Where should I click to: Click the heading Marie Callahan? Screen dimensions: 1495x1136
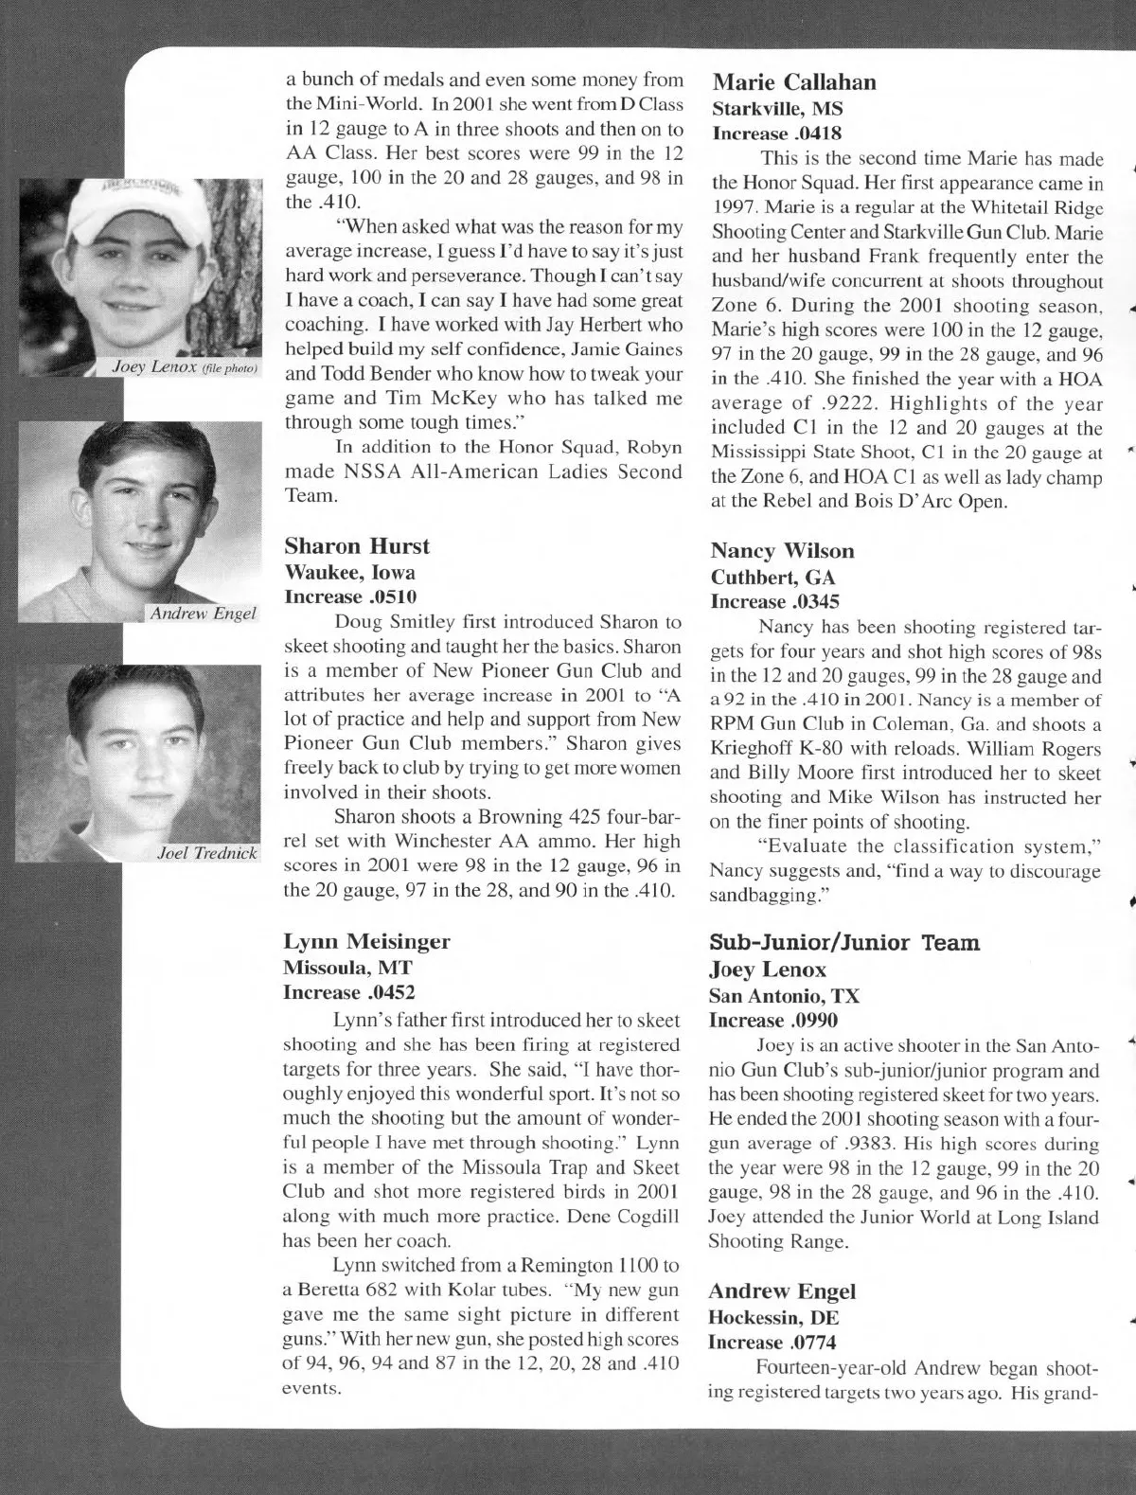coord(793,82)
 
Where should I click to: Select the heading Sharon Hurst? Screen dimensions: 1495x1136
coord(356,546)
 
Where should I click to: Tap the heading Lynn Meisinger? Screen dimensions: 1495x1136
coord(366,941)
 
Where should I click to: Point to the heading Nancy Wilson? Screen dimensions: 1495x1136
coord(782,551)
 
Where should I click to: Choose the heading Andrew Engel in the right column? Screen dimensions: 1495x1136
coord(781,1291)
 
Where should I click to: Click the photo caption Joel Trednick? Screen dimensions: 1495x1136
coord(206,853)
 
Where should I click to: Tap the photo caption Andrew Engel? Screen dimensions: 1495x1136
coord(203,614)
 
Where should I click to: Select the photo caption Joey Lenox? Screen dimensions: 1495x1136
coord(185,366)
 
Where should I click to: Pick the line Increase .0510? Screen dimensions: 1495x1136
coord(350,596)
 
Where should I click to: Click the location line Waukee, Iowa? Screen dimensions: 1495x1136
coord(349,572)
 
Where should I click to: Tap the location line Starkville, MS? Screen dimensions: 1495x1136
coord(777,108)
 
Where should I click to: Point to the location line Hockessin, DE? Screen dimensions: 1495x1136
coord(773,1317)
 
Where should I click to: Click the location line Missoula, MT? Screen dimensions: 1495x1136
coord(347,968)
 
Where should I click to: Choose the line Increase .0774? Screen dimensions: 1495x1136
coord(772,1342)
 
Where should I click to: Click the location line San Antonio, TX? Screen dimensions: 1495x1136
coord(784,996)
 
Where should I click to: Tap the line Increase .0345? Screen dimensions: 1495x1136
coord(774,601)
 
